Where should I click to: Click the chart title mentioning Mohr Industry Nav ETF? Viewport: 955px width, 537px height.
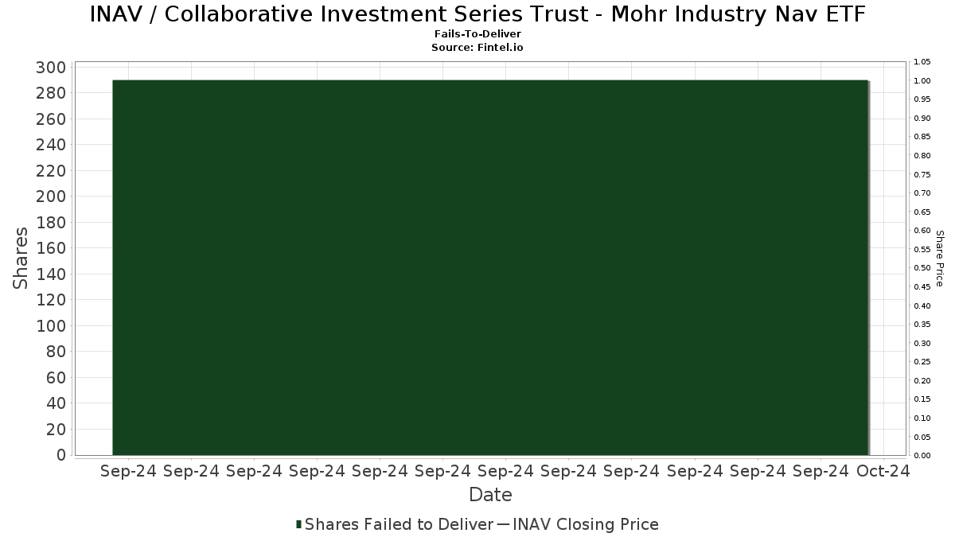477,14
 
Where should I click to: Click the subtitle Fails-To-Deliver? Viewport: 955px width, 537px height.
477,33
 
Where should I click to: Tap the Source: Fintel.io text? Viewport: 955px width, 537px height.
477,47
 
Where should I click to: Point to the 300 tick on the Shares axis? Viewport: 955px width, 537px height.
51,68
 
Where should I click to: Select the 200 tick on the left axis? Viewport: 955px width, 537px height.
51,197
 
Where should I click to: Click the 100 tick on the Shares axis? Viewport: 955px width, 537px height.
51,326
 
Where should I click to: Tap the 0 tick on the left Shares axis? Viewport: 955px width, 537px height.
61,455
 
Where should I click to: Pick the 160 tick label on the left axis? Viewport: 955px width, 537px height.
51,248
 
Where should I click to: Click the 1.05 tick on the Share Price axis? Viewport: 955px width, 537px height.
922,62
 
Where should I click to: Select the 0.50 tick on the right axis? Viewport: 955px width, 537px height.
922,268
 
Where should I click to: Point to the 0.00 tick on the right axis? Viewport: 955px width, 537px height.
922,456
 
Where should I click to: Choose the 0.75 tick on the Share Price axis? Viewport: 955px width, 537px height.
922,175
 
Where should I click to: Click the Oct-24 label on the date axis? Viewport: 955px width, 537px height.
883,471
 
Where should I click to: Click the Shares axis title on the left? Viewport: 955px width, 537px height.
20,259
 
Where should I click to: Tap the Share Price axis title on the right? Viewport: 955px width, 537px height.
940,259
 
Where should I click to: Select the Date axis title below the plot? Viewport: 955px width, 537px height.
490,495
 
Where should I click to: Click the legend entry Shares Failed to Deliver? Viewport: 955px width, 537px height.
399,524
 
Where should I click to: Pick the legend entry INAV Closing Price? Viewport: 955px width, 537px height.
586,524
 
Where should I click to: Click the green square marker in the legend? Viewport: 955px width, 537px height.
299,524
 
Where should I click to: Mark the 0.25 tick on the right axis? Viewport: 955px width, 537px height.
922,362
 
